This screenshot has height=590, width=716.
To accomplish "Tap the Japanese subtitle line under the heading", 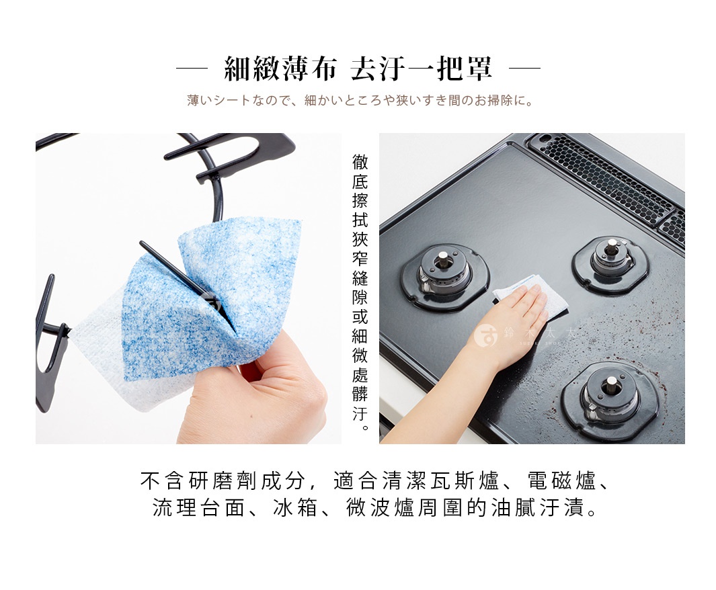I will (x=360, y=101).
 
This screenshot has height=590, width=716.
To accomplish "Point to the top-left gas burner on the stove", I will (x=445, y=274).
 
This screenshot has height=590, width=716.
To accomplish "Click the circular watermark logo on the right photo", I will (x=485, y=334).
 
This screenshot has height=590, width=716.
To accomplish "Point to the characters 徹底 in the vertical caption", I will (x=360, y=172).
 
